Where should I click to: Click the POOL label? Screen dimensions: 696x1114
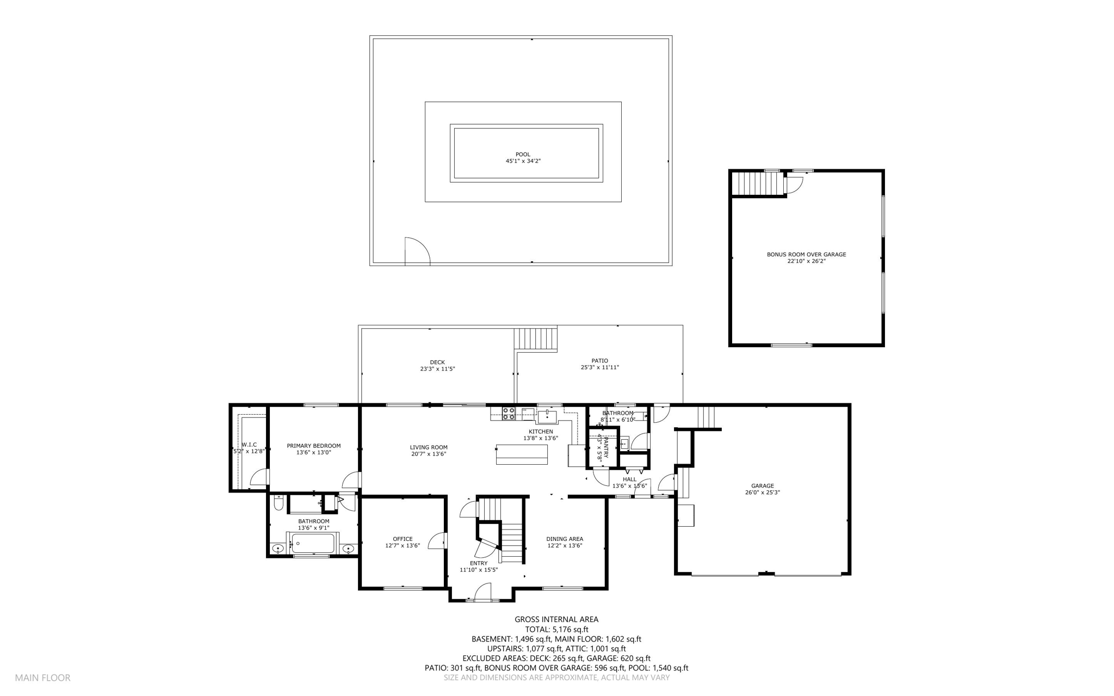point(523,155)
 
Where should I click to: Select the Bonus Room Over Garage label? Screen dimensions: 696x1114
point(806,254)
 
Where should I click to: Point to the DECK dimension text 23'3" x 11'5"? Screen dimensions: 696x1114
point(437,369)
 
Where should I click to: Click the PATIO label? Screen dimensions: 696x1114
point(599,361)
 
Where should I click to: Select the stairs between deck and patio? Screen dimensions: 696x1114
point(536,338)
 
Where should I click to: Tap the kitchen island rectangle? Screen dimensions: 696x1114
point(522,454)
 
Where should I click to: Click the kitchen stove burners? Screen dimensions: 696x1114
point(509,414)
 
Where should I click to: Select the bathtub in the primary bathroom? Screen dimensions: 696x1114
point(313,543)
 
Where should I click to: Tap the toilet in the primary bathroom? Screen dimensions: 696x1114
point(278,503)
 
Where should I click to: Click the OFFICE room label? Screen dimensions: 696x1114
point(403,539)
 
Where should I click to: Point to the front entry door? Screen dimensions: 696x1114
point(483,592)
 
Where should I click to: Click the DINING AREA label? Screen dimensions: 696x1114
point(565,539)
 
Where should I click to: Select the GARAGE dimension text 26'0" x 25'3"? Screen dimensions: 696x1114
point(763,492)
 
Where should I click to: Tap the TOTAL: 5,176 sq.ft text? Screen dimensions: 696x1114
point(556,629)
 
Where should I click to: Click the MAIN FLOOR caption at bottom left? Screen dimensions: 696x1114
point(42,677)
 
